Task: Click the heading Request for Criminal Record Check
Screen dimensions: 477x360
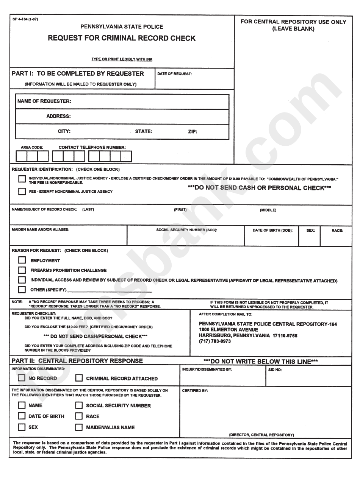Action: (122, 38)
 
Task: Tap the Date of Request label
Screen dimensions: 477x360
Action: (175, 74)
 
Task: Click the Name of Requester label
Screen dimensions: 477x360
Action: (44, 101)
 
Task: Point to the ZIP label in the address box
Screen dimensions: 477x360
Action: (193, 132)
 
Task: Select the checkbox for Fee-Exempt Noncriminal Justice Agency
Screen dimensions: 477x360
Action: (22, 192)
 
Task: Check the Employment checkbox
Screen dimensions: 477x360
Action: (22, 260)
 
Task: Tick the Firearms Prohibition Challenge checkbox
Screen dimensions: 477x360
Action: (22, 270)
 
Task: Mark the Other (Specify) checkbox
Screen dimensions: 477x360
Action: (22, 290)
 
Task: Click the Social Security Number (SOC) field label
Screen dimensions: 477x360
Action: (187, 230)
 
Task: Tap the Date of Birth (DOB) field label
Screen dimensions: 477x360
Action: (273, 230)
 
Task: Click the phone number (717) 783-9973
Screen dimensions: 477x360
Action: (215, 341)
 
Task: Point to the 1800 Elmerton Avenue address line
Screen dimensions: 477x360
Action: (229, 330)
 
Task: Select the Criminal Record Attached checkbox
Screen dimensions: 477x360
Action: (79, 378)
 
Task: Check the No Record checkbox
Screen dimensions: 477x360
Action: (22, 378)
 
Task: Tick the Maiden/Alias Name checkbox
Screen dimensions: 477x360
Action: (79, 427)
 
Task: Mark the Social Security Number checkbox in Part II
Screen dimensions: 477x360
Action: (79, 405)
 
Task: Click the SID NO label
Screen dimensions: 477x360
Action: (275, 370)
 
